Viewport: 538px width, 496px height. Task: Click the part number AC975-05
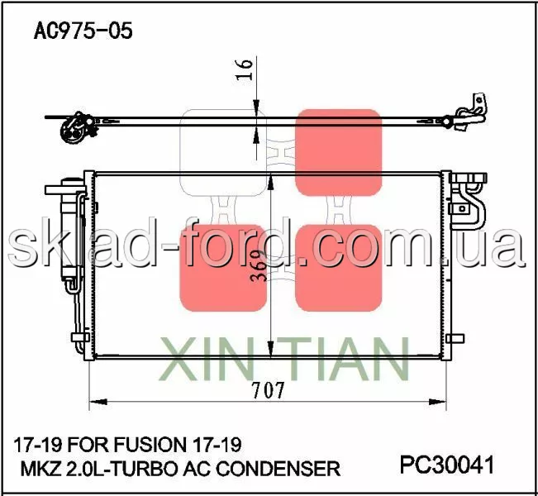(83, 31)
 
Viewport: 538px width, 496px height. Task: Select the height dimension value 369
(259, 266)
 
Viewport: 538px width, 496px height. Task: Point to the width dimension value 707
(268, 390)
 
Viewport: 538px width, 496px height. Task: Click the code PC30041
(447, 465)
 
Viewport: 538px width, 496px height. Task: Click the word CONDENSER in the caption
(279, 469)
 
